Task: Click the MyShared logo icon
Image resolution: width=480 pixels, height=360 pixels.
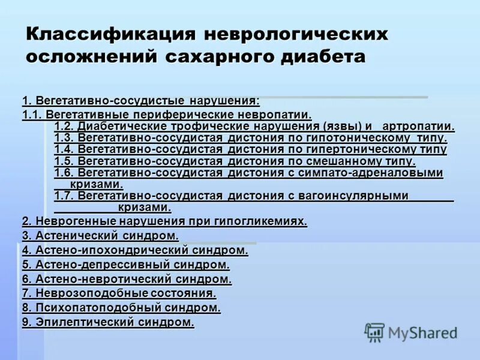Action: [375, 332]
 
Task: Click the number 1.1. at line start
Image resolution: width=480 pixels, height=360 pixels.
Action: [32, 114]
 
